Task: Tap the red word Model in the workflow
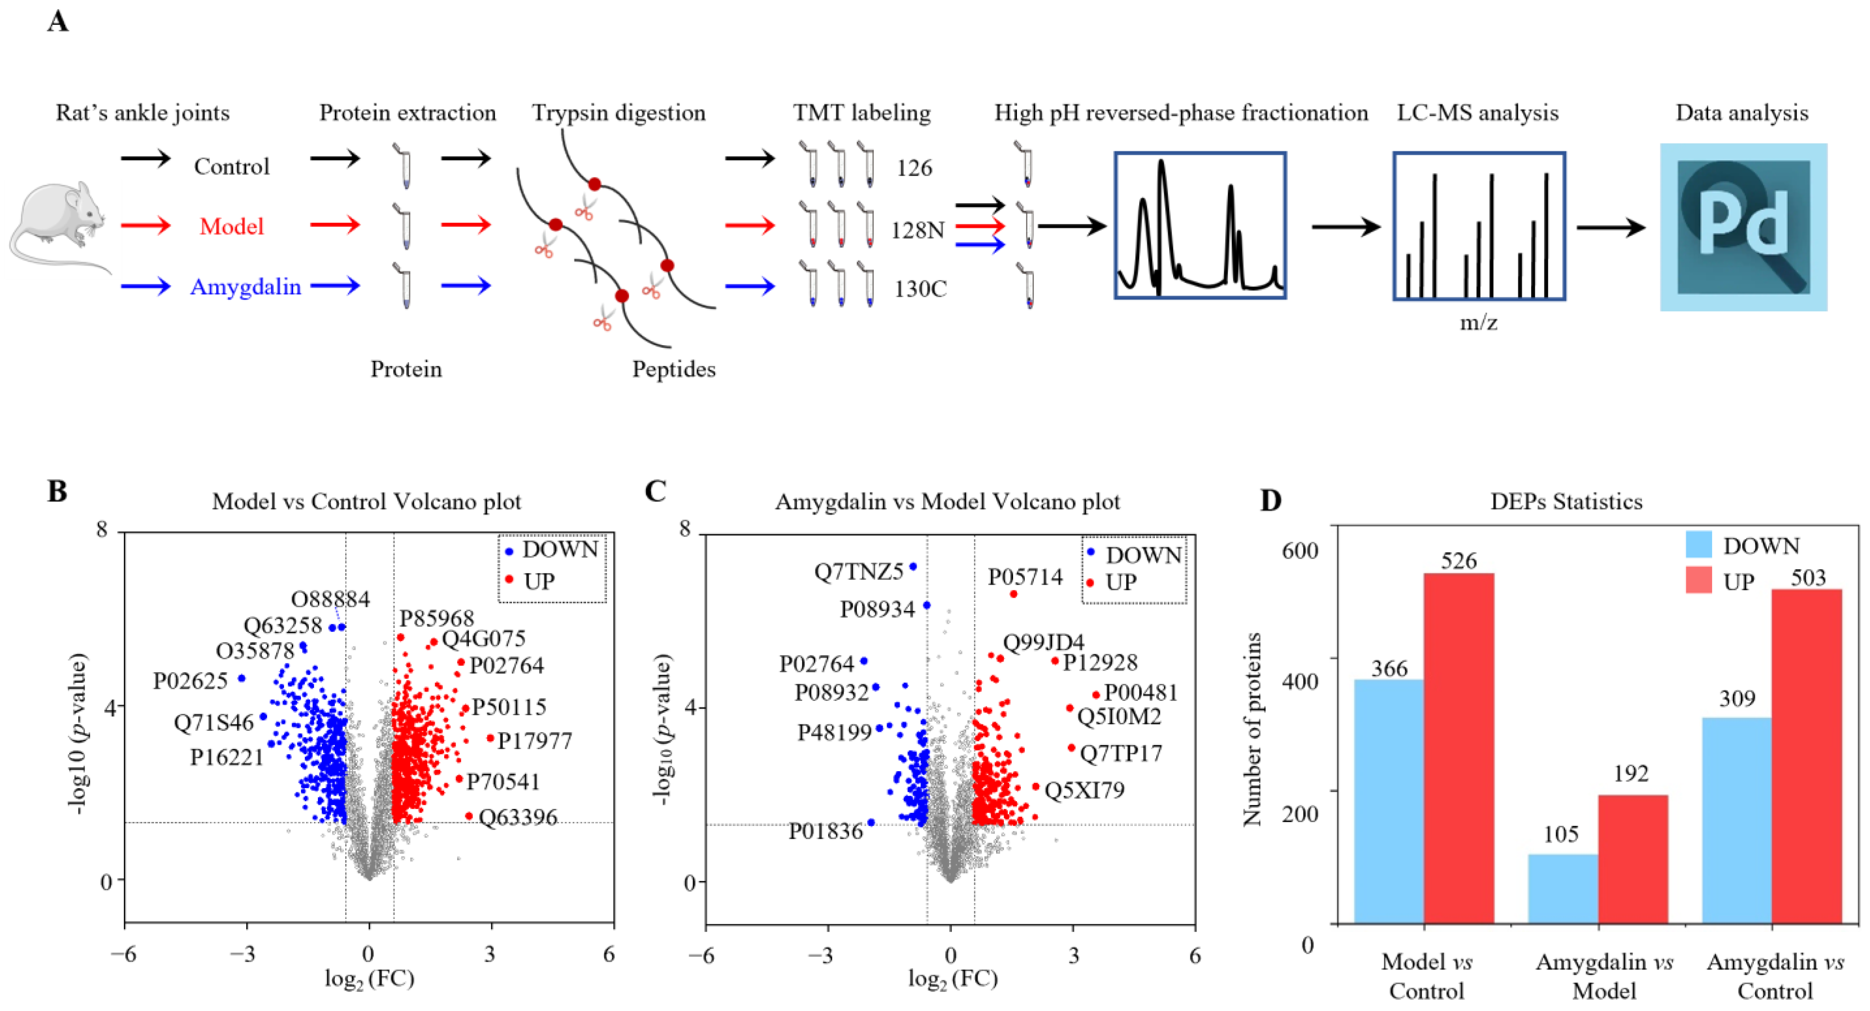[x=232, y=226]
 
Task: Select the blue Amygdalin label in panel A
[x=245, y=287]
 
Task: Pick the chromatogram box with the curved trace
[x=1200, y=226]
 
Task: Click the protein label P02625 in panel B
[x=190, y=681]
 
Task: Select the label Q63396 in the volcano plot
[x=518, y=817]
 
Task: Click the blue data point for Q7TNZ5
[x=913, y=566]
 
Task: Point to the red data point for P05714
[x=1013, y=594]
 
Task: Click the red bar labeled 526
[x=1458, y=748]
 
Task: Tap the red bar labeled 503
[x=1806, y=755]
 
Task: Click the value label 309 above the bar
[x=1736, y=698]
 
